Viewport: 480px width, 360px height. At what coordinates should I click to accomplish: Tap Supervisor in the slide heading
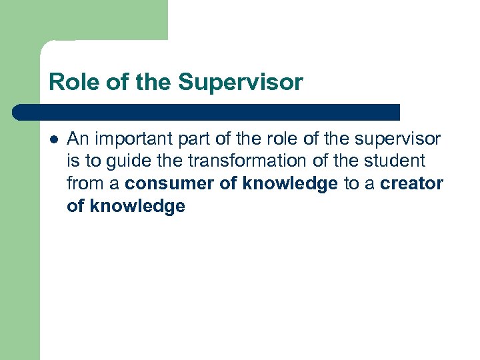(240, 83)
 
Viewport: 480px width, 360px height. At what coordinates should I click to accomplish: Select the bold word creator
(412, 184)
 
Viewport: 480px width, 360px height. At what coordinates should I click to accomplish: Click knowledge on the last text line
(137, 207)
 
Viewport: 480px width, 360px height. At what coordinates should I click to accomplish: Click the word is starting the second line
(73, 161)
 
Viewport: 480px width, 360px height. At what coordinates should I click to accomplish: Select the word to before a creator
(351, 184)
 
